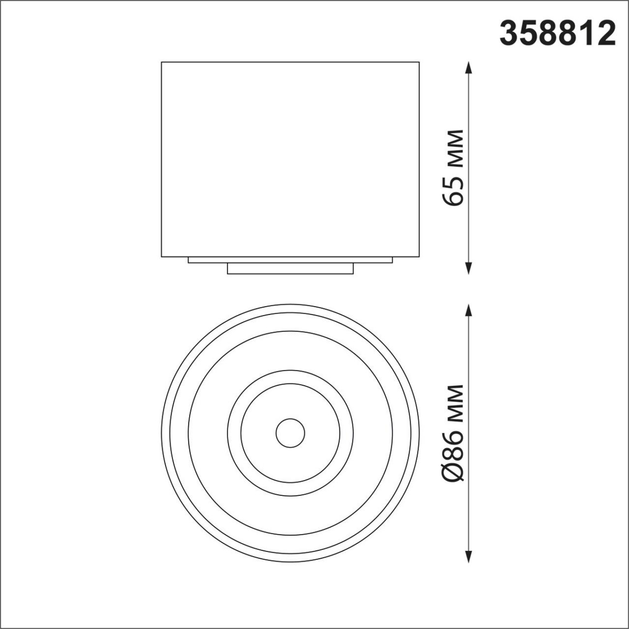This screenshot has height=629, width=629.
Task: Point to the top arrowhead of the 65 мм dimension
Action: click(469, 68)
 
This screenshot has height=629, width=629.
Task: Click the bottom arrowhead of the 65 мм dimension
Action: click(469, 268)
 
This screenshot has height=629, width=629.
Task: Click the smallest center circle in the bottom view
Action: click(290, 433)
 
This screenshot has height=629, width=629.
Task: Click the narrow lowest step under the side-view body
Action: click(290, 268)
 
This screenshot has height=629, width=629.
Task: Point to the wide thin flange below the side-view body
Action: click(290, 260)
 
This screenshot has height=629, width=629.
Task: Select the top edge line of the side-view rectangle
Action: click(290, 62)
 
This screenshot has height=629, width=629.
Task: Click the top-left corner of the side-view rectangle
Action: click(161, 62)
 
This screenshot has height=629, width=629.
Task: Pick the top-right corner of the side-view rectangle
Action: click(419, 62)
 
